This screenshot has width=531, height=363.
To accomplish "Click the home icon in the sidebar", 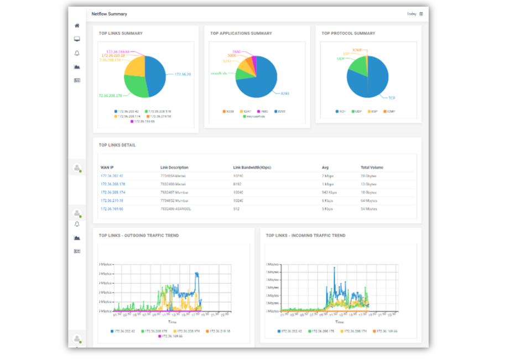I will [77, 25].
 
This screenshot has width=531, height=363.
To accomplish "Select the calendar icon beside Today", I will [421, 14].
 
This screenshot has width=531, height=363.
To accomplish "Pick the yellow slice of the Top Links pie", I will [134, 66].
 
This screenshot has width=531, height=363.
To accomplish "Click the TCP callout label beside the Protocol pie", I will [392, 98].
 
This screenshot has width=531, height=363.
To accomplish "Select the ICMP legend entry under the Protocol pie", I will [391, 111].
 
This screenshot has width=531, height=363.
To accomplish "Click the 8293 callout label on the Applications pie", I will [285, 93].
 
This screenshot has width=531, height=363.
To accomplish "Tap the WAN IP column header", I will [107, 167].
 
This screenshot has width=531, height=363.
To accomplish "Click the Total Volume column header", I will [372, 167].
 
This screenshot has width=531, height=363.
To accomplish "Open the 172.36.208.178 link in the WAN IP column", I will [112, 184].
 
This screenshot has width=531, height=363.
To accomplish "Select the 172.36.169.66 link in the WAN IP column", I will [112, 209].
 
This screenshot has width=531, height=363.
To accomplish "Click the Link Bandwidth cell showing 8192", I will [238, 184].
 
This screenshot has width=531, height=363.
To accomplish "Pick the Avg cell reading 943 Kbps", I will [329, 193].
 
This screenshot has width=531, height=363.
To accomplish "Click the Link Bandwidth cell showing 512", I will [237, 209].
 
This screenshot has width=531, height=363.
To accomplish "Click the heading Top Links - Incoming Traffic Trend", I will [305, 236].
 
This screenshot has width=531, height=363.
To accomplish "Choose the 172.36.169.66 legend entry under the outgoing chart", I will [173, 336].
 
